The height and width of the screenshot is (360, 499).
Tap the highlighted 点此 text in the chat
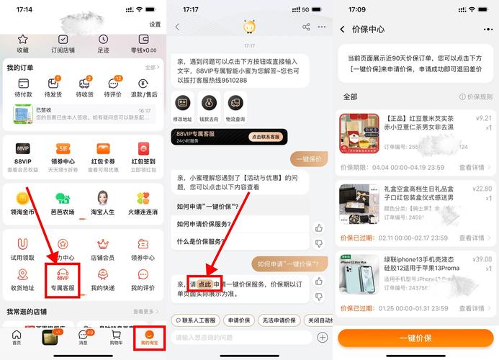coord(204,284)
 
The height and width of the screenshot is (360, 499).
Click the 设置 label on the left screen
coord(155,24)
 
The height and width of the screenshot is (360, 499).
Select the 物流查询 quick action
coord(235,107)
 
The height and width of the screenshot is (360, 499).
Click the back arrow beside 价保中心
coord(342,30)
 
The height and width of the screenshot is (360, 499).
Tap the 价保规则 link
coord(476,96)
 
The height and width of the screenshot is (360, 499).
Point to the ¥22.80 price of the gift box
coord(480,189)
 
